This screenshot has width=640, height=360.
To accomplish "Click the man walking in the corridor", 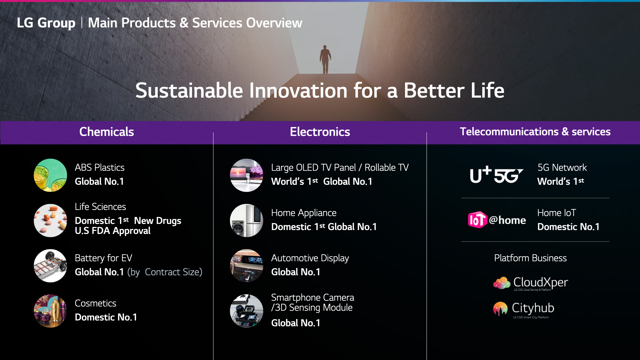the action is pyautogui.click(x=325, y=59).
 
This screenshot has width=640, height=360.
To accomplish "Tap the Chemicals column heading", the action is pyautogui.click(x=107, y=132).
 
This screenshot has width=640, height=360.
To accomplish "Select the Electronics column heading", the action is pyautogui.click(x=320, y=132).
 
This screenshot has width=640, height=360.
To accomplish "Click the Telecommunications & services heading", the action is pyautogui.click(x=535, y=132).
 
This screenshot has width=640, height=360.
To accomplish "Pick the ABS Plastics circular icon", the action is pyautogui.click(x=50, y=175).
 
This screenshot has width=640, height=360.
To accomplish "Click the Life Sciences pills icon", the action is pyautogui.click(x=50, y=220).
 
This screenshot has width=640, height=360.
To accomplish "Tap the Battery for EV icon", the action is pyautogui.click(x=50, y=266).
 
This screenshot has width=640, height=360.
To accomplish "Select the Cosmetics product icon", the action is pyautogui.click(x=50, y=311).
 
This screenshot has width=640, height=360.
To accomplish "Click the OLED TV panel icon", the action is pyautogui.click(x=247, y=175).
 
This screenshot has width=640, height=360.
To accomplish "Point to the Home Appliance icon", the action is pyautogui.click(x=247, y=220).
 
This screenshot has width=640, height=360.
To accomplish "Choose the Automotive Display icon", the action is pyautogui.click(x=247, y=266).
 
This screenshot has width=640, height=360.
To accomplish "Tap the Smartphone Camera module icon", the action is pyautogui.click(x=247, y=311).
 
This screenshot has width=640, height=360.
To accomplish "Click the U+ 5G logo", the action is pyautogui.click(x=496, y=175).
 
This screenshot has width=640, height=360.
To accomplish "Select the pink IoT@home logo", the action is pyautogui.click(x=497, y=220).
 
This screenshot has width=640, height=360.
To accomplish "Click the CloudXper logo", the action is pyautogui.click(x=530, y=283).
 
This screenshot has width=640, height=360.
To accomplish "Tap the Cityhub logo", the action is pyautogui.click(x=524, y=309).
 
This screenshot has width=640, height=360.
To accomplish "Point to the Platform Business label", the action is pyautogui.click(x=530, y=258).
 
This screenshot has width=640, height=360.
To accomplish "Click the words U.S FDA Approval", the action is pyautogui.click(x=113, y=231).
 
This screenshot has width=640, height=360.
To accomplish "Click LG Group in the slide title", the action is pyautogui.click(x=46, y=23).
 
